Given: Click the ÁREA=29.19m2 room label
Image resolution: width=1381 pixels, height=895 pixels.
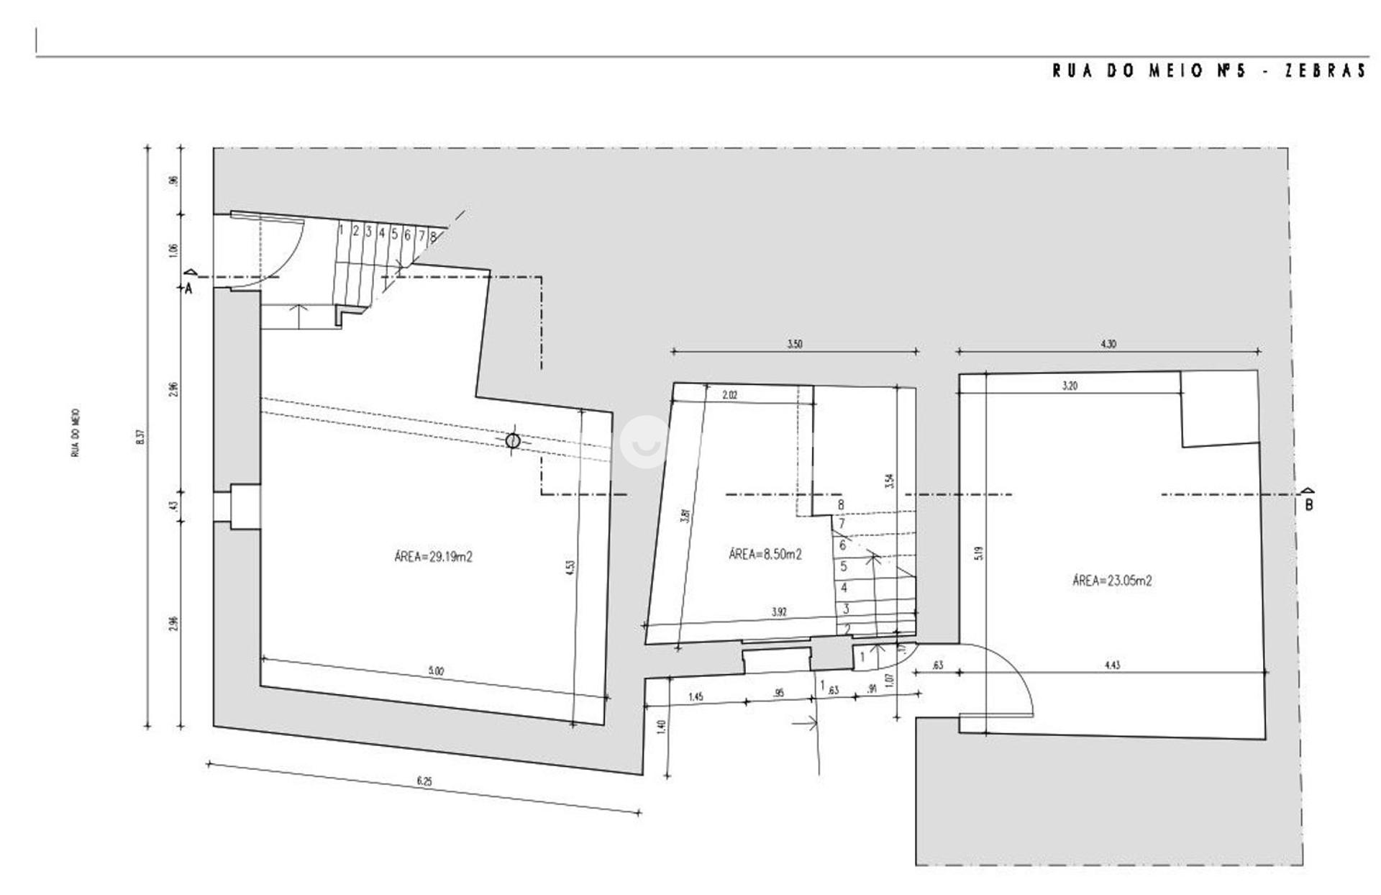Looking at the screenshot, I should (x=433, y=556).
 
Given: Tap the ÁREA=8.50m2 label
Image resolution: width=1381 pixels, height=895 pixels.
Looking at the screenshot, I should (x=765, y=554).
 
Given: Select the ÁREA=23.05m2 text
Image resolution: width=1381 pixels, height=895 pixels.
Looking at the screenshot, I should (x=1111, y=581).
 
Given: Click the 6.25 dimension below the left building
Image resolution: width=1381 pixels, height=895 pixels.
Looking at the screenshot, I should (x=424, y=781).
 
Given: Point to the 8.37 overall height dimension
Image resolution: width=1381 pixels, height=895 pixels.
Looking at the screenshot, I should (x=141, y=437).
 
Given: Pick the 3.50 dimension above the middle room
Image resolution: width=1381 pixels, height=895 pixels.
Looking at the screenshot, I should (x=794, y=344).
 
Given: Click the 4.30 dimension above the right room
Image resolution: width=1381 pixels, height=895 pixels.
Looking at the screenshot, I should (x=1108, y=344).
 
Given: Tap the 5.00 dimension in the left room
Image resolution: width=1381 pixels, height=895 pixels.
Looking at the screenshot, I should (x=436, y=671).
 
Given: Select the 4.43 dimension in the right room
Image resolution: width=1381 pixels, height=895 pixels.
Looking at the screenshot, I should (x=1111, y=665).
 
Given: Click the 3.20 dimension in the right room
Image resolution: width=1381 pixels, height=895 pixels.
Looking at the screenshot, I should (x=1070, y=386).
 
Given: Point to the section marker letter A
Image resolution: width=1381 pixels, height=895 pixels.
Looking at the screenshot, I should (x=188, y=289).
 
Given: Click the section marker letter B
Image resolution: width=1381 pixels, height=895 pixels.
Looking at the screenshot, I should (x=1309, y=505).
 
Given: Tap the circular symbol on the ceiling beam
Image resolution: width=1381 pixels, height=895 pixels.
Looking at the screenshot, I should (x=512, y=440).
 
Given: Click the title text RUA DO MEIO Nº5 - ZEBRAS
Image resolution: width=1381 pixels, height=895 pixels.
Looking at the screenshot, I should (x=1208, y=71).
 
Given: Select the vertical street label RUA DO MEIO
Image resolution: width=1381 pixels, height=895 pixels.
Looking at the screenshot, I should (x=76, y=433).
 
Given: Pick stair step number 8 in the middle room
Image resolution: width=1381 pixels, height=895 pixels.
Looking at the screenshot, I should (x=841, y=505).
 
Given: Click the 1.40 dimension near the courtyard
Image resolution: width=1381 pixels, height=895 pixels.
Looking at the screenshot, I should (x=662, y=727).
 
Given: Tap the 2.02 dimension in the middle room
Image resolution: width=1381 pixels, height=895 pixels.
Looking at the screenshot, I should (x=729, y=395).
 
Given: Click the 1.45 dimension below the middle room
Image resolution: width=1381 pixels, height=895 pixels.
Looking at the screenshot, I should (x=695, y=696).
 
